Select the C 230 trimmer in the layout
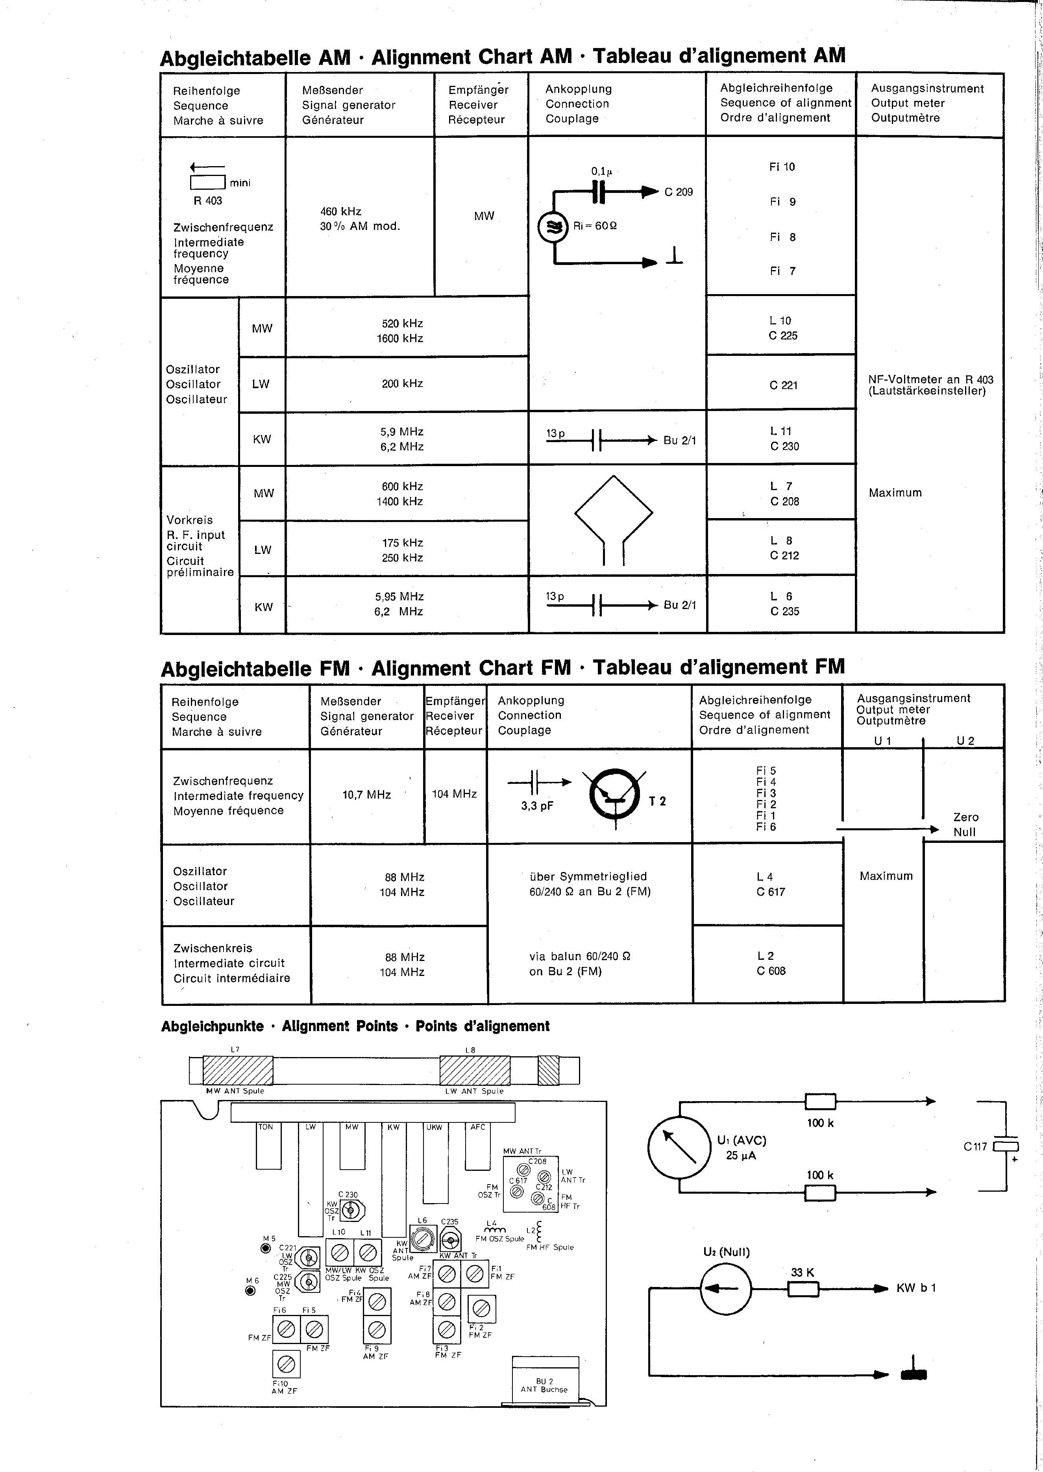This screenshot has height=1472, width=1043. pyautogui.click(x=350, y=1211)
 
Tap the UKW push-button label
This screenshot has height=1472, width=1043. pyautogui.click(x=434, y=1127)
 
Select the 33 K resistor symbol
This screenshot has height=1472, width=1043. pyautogui.click(x=803, y=1288)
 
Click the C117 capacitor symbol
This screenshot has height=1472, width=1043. pyautogui.click(x=1006, y=1146)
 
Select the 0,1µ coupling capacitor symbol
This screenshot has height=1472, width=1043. pyautogui.click(x=599, y=191)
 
